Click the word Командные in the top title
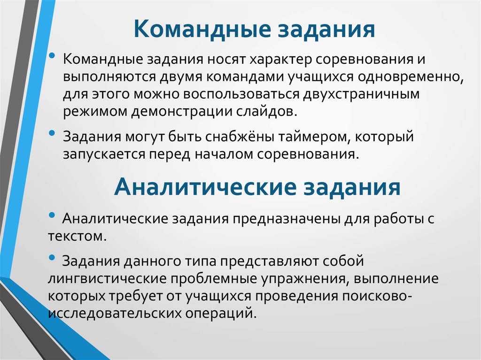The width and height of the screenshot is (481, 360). [202, 30]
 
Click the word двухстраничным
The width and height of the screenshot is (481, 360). [361, 94]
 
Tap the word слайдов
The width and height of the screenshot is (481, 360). [267, 111]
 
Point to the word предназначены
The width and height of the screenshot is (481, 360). [286, 219]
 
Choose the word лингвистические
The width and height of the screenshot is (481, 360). [108, 279]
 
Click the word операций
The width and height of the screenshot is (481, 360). [221, 314]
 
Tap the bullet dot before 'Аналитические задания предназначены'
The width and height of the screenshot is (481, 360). [52, 215]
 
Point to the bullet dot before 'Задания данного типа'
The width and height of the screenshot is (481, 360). [52, 257]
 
